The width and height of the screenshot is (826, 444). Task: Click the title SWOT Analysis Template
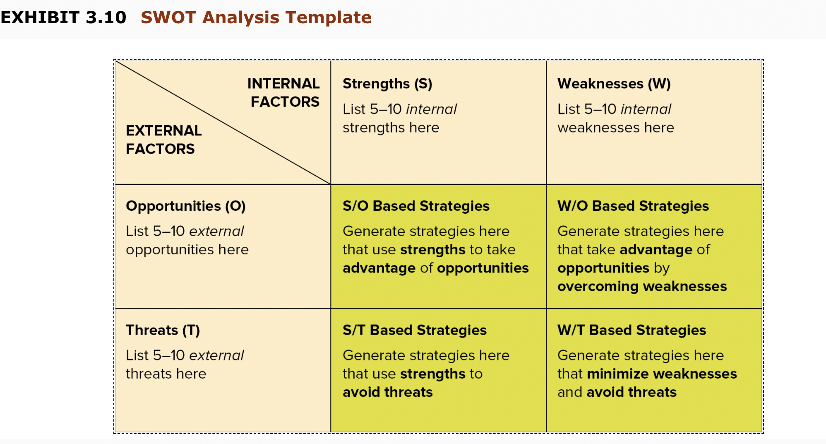tap(256, 17)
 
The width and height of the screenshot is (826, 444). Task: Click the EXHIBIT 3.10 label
tap(63, 17)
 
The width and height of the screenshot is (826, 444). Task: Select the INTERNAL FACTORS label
tap(283, 92)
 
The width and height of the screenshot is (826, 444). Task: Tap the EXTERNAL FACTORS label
tap(164, 140)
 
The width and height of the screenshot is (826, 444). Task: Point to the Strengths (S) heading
tap(387, 84)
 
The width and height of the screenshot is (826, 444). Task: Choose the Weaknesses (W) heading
tap(614, 84)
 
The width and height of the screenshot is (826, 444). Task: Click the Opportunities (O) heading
tap(186, 206)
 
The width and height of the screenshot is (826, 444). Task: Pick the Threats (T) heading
tap(163, 331)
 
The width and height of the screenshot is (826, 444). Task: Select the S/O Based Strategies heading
tap(416, 206)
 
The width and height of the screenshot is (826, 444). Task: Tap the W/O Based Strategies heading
tap(633, 206)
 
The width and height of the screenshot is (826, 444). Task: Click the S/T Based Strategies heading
tap(415, 330)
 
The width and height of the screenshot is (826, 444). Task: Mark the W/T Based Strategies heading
tap(632, 330)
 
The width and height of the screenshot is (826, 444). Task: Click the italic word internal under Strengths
tap(431, 109)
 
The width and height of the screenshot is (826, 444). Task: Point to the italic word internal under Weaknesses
tap(646, 109)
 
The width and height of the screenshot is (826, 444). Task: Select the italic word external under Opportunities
tap(217, 231)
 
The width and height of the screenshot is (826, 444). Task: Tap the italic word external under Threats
tap(217, 355)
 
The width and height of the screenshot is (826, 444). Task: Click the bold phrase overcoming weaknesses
tap(642, 286)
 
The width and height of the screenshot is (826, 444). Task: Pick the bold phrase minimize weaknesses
tap(662, 374)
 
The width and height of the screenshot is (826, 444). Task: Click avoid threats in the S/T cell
tap(388, 392)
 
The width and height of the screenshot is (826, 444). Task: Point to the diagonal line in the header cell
tap(223, 123)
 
